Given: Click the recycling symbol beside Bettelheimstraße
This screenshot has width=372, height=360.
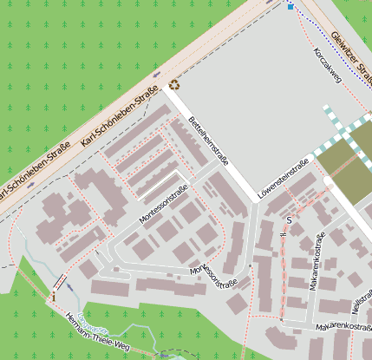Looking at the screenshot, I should click(x=174, y=85).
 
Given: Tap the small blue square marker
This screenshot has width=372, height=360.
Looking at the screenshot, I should click(x=290, y=7).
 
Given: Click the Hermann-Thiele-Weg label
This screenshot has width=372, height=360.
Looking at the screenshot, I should click(x=96, y=333).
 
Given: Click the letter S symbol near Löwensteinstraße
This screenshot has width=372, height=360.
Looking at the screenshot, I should click(x=289, y=221).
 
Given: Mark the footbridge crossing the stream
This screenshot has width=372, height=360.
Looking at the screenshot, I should click(x=59, y=282).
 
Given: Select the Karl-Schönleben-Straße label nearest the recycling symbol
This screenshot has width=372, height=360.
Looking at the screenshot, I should click(x=118, y=115).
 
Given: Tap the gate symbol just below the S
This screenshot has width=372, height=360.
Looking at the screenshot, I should click(x=292, y=232).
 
